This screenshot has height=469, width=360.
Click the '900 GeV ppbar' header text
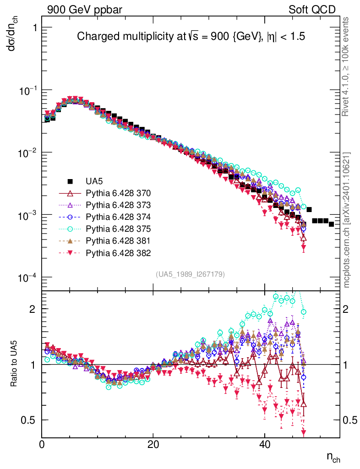(84, 10)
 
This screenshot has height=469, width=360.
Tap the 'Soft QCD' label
(312, 10)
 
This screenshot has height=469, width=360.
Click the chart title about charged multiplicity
(191, 37)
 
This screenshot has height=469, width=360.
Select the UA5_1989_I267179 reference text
(190, 274)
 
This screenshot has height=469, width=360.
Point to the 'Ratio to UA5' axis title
(14, 364)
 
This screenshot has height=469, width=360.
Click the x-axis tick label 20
(153, 445)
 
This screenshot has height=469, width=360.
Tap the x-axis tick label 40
(264, 445)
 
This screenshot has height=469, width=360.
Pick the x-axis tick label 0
(42, 445)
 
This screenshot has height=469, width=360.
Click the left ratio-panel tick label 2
(32, 309)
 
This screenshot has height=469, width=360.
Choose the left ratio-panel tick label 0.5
(28, 420)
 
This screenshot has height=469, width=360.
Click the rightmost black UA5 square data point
(331, 224)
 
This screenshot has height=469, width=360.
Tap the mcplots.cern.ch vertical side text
(347, 220)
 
